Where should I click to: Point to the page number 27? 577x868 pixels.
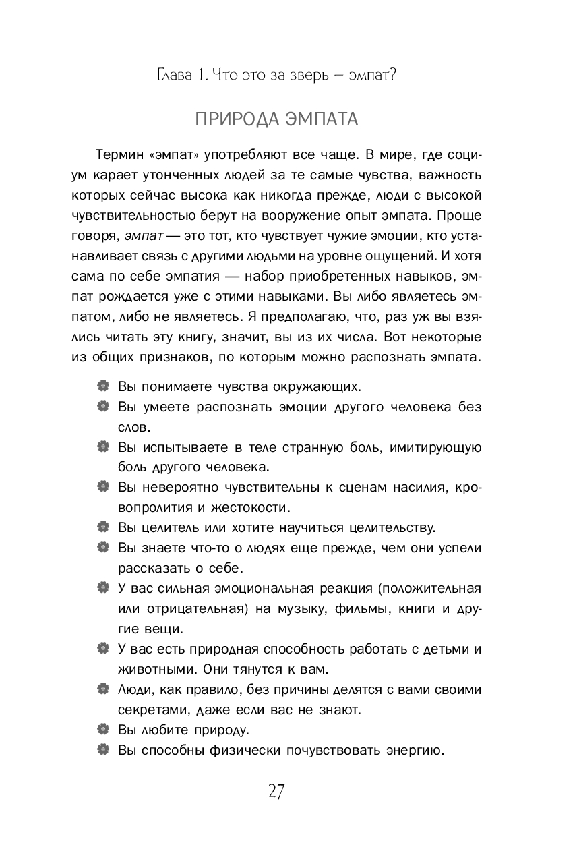point(276,791)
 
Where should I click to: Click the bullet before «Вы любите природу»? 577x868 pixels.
point(102,729)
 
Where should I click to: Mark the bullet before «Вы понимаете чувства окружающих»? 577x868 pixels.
point(102,386)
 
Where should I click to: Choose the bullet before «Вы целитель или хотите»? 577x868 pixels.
point(102,527)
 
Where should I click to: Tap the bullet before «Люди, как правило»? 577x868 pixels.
point(102,689)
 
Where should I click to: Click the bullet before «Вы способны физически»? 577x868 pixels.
point(102,749)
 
